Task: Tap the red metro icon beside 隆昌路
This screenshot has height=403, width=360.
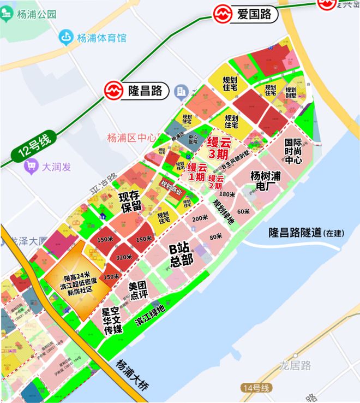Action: [115, 91]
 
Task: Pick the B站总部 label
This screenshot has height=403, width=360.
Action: [182, 255]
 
